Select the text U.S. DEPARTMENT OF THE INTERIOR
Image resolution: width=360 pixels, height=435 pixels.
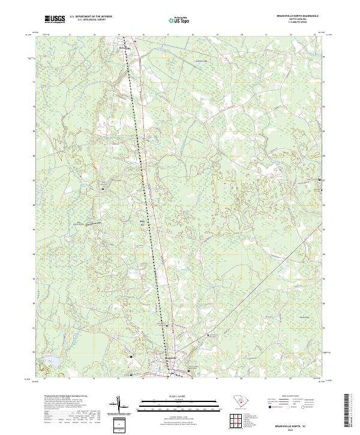click(89, 17)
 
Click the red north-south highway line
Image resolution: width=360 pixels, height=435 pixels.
click(154, 198)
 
